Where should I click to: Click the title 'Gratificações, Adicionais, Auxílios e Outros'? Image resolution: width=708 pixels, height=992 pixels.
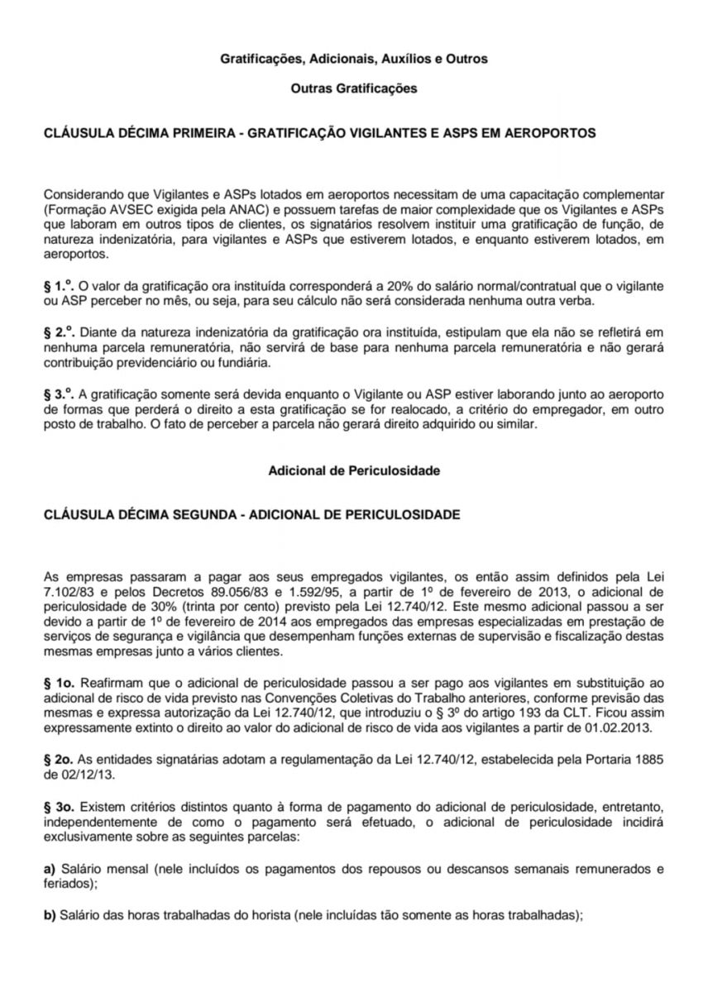(x=353, y=60)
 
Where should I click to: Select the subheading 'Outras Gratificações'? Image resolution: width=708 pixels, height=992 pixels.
(x=353, y=88)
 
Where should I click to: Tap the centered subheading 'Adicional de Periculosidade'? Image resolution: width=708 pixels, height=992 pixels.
(x=353, y=470)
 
